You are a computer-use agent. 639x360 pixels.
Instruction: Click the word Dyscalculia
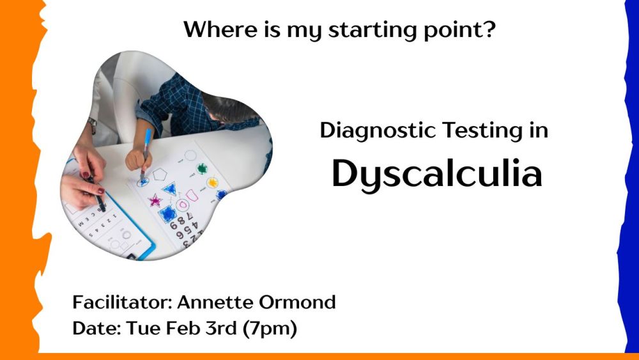[x=437, y=175]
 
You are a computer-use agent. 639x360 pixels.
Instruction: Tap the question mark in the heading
[x=490, y=29]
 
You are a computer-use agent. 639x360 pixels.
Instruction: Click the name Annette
[x=215, y=302]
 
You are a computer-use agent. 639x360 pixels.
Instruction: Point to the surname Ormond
[x=297, y=302]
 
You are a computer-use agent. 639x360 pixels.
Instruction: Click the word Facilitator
[x=122, y=302]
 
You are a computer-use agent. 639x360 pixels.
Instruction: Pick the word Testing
[x=482, y=131]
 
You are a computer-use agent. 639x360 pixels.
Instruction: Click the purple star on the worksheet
[x=155, y=200]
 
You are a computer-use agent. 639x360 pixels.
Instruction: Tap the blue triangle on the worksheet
[x=169, y=189]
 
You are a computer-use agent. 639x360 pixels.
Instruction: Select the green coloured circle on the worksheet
[x=202, y=168]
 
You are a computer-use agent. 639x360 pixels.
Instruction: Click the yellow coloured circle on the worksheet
[x=212, y=182]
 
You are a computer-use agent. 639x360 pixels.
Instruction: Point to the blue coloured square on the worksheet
[x=167, y=214]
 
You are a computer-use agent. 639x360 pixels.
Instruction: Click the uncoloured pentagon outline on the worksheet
[x=159, y=175]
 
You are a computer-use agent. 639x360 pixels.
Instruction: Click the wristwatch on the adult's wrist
[x=93, y=125]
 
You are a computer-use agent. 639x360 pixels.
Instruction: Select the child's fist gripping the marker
[x=138, y=159]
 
